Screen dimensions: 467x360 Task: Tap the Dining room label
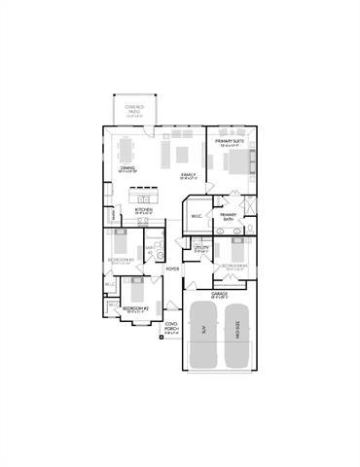point(127,168)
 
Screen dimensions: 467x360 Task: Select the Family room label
point(189,175)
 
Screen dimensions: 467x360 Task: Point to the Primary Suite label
point(230,142)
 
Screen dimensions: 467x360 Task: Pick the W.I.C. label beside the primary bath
point(197,216)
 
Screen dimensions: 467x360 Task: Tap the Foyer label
point(172,268)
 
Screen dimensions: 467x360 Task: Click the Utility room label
point(200,249)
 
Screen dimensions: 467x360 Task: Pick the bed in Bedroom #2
point(134,289)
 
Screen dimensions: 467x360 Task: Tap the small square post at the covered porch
point(162,341)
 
